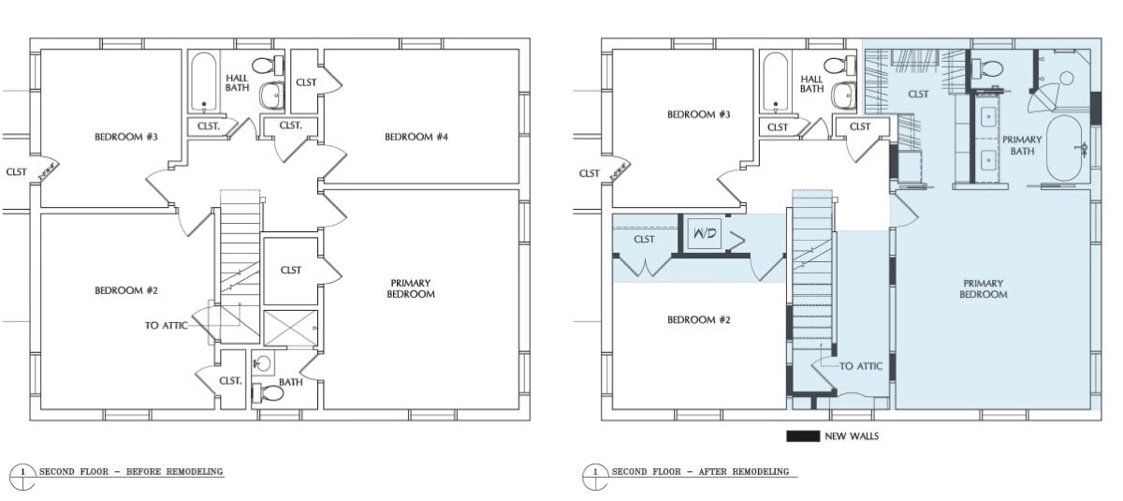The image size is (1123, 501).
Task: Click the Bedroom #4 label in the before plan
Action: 416,137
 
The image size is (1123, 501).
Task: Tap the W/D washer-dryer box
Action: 705,234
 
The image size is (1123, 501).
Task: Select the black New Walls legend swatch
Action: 803,436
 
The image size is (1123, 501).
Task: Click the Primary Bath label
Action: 1022,145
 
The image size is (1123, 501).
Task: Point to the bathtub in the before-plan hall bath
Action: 204,82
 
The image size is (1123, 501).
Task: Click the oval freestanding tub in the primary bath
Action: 1064,149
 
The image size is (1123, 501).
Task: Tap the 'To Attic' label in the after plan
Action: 860,366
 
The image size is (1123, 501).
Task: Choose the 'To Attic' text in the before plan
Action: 166,326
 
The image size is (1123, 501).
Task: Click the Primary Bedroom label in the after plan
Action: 984,288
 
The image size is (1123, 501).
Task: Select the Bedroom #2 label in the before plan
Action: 126,290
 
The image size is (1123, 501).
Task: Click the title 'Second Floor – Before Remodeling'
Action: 131,471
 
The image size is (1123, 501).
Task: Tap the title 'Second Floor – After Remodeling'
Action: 700,471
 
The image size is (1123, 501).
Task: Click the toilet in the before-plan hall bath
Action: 268,66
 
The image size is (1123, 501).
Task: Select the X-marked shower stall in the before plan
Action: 290,328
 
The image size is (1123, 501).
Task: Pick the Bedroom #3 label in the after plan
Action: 698,114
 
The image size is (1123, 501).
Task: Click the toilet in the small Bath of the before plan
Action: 268,392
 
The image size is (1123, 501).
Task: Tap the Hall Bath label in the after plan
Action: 811,83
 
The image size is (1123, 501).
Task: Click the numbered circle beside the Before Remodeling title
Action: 22,476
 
